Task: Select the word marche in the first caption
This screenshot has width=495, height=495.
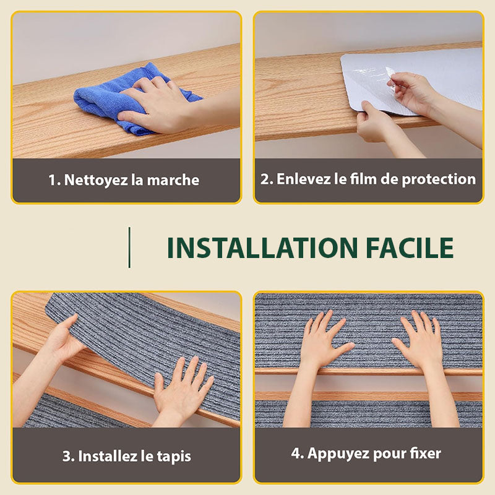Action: (x=173, y=180)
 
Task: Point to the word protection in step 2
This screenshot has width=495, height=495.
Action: (x=439, y=179)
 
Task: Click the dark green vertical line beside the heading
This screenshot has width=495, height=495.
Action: (x=129, y=247)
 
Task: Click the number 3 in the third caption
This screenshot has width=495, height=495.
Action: (x=66, y=457)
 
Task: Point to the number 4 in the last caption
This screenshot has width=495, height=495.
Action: (x=296, y=454)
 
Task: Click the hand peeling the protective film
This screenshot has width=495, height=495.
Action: (x=410, y=92)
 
